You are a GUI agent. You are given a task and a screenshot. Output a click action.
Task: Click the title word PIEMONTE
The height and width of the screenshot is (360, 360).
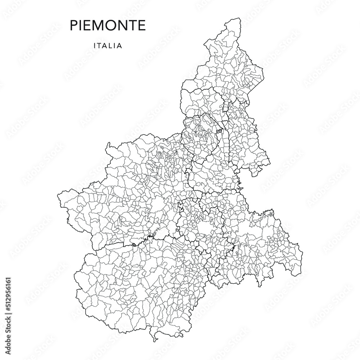[x=108, y=26]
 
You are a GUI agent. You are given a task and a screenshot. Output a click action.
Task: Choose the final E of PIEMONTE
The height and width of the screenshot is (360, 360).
[x=142, y=26]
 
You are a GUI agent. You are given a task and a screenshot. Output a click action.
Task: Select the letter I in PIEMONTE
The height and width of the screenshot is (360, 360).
[x=79, y=26]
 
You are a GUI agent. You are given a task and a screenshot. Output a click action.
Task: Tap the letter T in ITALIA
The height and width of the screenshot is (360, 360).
[x=99, y=46]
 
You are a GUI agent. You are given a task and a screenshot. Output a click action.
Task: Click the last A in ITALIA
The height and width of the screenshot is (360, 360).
[x=120, y=46]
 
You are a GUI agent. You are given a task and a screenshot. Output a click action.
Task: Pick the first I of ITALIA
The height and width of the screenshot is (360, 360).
[x=94, y=46]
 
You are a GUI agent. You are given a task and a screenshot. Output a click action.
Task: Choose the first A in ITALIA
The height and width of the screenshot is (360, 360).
[x=104, y=46]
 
